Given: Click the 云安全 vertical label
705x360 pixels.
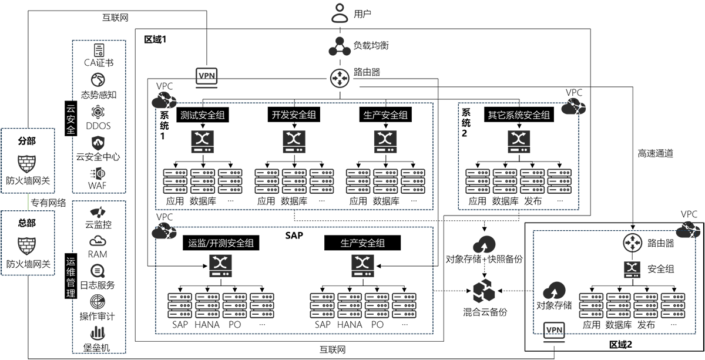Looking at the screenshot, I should tap(71, 121).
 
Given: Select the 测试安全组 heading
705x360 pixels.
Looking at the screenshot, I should tap(203, 115).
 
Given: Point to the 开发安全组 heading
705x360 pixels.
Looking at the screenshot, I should tap(294, 115).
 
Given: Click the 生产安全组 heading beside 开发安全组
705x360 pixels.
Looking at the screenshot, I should tap(385, 115).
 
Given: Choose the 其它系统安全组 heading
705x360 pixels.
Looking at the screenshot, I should tap(519, 115).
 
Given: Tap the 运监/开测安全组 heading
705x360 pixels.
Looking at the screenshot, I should tap(221, 243).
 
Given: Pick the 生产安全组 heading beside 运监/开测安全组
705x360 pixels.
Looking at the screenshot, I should tap(363, 243).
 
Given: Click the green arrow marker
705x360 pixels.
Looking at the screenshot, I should tap(26, 202).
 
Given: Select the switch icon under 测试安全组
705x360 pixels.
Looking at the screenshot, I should tap(203, 141).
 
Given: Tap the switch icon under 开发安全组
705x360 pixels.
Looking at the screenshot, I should tap(294, 141).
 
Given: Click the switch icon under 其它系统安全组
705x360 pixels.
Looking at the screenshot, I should tap(519, 141).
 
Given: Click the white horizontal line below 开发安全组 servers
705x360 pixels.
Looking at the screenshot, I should tap(324, 207).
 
